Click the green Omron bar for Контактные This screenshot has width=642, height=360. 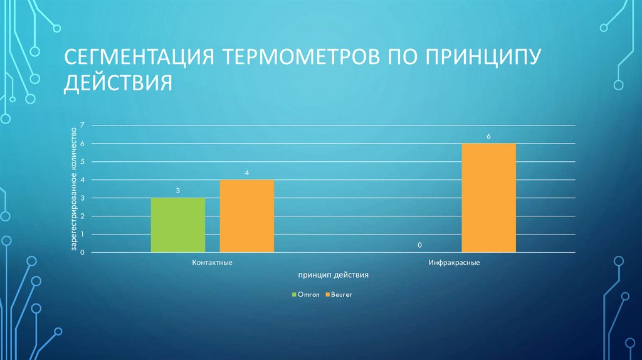[178, 225]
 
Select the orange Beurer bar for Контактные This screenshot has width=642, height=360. [246, 216]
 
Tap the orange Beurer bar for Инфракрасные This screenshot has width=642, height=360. [488, 198]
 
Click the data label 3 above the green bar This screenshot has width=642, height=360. [178, 189]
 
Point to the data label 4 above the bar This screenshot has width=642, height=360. [246, 171]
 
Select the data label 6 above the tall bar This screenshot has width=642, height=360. [488, 135]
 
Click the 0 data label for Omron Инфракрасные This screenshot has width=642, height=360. [419, 245]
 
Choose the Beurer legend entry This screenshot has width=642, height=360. [339, 294]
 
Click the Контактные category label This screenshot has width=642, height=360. [212, 262]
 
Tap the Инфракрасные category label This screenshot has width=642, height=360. [455, 262]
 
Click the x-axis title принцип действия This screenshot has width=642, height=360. [333, 275]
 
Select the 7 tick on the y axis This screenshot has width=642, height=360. [82, 126]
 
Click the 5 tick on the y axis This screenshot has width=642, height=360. [82, 162]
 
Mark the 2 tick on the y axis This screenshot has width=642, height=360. [82, 216]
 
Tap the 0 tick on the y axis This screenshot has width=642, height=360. [82, 253]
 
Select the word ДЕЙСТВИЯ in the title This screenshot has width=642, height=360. [117, 83]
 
